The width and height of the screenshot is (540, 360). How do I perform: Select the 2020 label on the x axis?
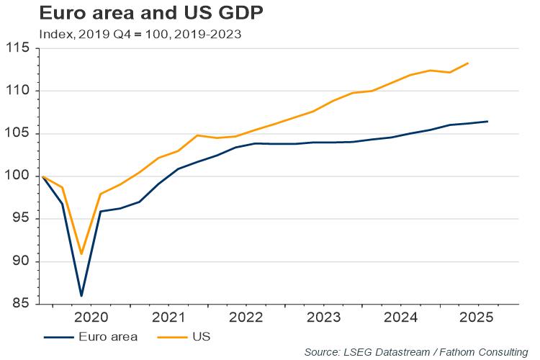[x=91, y=317]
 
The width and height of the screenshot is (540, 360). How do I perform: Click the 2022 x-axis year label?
[x=246, y=317]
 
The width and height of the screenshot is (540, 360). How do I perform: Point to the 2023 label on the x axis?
[x=323, y=317]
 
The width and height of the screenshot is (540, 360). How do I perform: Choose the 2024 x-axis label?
[x=401, y=317]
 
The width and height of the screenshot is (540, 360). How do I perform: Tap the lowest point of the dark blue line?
[x=81, y=295]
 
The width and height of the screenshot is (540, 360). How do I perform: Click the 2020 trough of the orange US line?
[x=81, y=253]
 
